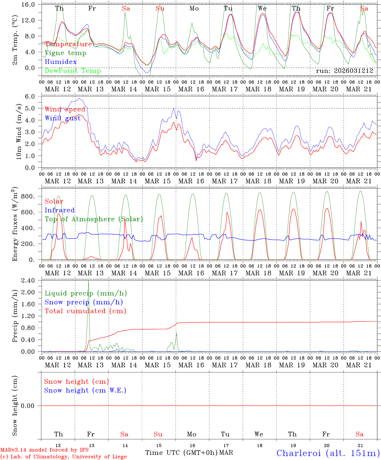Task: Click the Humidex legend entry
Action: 61,62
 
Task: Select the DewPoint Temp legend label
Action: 73,71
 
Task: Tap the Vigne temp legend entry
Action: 65,53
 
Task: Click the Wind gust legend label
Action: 63,118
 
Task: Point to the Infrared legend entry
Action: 60,210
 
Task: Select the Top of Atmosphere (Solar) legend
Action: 93,219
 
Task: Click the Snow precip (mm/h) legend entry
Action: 84,302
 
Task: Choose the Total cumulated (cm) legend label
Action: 85,311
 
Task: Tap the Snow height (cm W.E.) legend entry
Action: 85,390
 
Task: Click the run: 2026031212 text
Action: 344,71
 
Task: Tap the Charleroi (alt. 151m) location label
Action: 328,453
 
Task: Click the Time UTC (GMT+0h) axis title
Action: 181,453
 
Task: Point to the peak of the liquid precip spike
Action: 89,281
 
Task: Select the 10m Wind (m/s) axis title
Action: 19,132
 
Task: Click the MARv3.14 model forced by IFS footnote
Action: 44,450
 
